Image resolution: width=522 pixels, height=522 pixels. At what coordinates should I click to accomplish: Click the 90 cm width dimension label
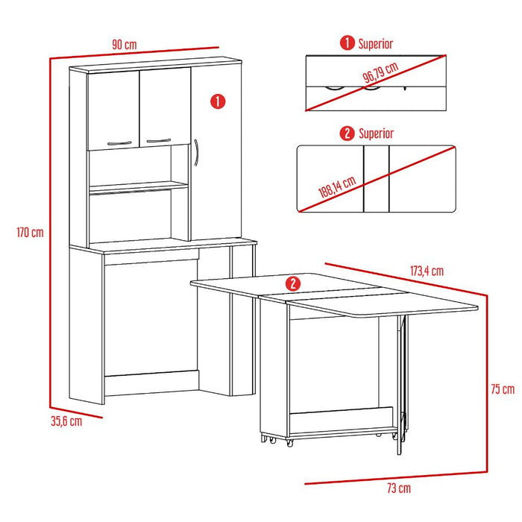click(125, 45)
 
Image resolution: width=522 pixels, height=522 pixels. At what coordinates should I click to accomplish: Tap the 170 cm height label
click(30, 232)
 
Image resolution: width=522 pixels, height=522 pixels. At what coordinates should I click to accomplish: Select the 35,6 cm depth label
click(66, 421)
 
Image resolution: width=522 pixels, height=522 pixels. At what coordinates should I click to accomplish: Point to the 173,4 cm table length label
click(427, 271)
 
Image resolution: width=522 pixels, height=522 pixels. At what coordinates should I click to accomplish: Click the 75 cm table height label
click(503, 389)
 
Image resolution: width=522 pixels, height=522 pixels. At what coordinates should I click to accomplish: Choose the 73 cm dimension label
click(399, 488)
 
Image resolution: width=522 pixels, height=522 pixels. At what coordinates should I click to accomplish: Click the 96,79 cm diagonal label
click(380, 72)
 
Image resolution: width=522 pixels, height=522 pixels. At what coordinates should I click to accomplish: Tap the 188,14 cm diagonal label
click(337, 187)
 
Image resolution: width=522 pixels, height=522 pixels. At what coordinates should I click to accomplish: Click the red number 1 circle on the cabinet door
click(218, 101)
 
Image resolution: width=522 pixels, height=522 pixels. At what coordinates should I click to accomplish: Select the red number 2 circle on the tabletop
click(293, 284)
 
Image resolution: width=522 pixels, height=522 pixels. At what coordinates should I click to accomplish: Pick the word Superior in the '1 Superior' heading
click(376, 44)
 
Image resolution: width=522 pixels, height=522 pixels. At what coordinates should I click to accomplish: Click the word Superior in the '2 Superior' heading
click(376, 133)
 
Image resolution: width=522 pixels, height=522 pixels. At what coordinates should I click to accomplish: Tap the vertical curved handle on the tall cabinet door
click(196, 152)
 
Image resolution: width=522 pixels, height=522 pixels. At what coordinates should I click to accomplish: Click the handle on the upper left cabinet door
click(119, 143)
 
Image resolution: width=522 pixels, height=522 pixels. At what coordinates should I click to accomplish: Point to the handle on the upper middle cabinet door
click(159, 140)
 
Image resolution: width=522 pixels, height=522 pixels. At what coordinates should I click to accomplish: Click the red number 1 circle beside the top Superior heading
click(348, 43)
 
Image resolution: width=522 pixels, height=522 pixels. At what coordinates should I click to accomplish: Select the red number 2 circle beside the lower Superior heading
click(347, 133)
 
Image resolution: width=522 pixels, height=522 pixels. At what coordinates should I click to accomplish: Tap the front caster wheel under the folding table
click(289, 443)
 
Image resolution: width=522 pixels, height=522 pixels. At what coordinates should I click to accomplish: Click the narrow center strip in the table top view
click(376, 179)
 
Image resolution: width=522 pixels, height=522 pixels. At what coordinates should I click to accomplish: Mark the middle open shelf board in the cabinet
click(139, 187)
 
